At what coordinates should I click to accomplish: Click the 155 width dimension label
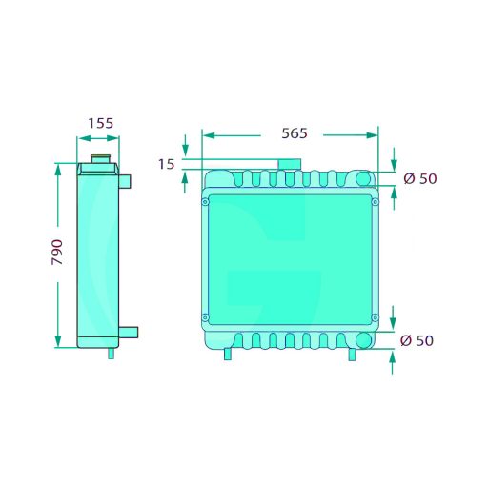(x=100, y=123)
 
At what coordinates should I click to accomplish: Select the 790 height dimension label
(x=57, y=253)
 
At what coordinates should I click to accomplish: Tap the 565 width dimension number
(x=295, y=133)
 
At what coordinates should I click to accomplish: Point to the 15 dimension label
(x=167, y=164)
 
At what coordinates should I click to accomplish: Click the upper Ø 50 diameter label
(x=420, y=178)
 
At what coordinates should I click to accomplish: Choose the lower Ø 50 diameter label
(x=417, y=340)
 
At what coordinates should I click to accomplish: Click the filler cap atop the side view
(x=100, y=159)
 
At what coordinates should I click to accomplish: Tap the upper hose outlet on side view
(x=125, y=181)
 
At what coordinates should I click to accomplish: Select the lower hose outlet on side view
(x=129, y=333)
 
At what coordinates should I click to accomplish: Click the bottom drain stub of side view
(x=111, y=354)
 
